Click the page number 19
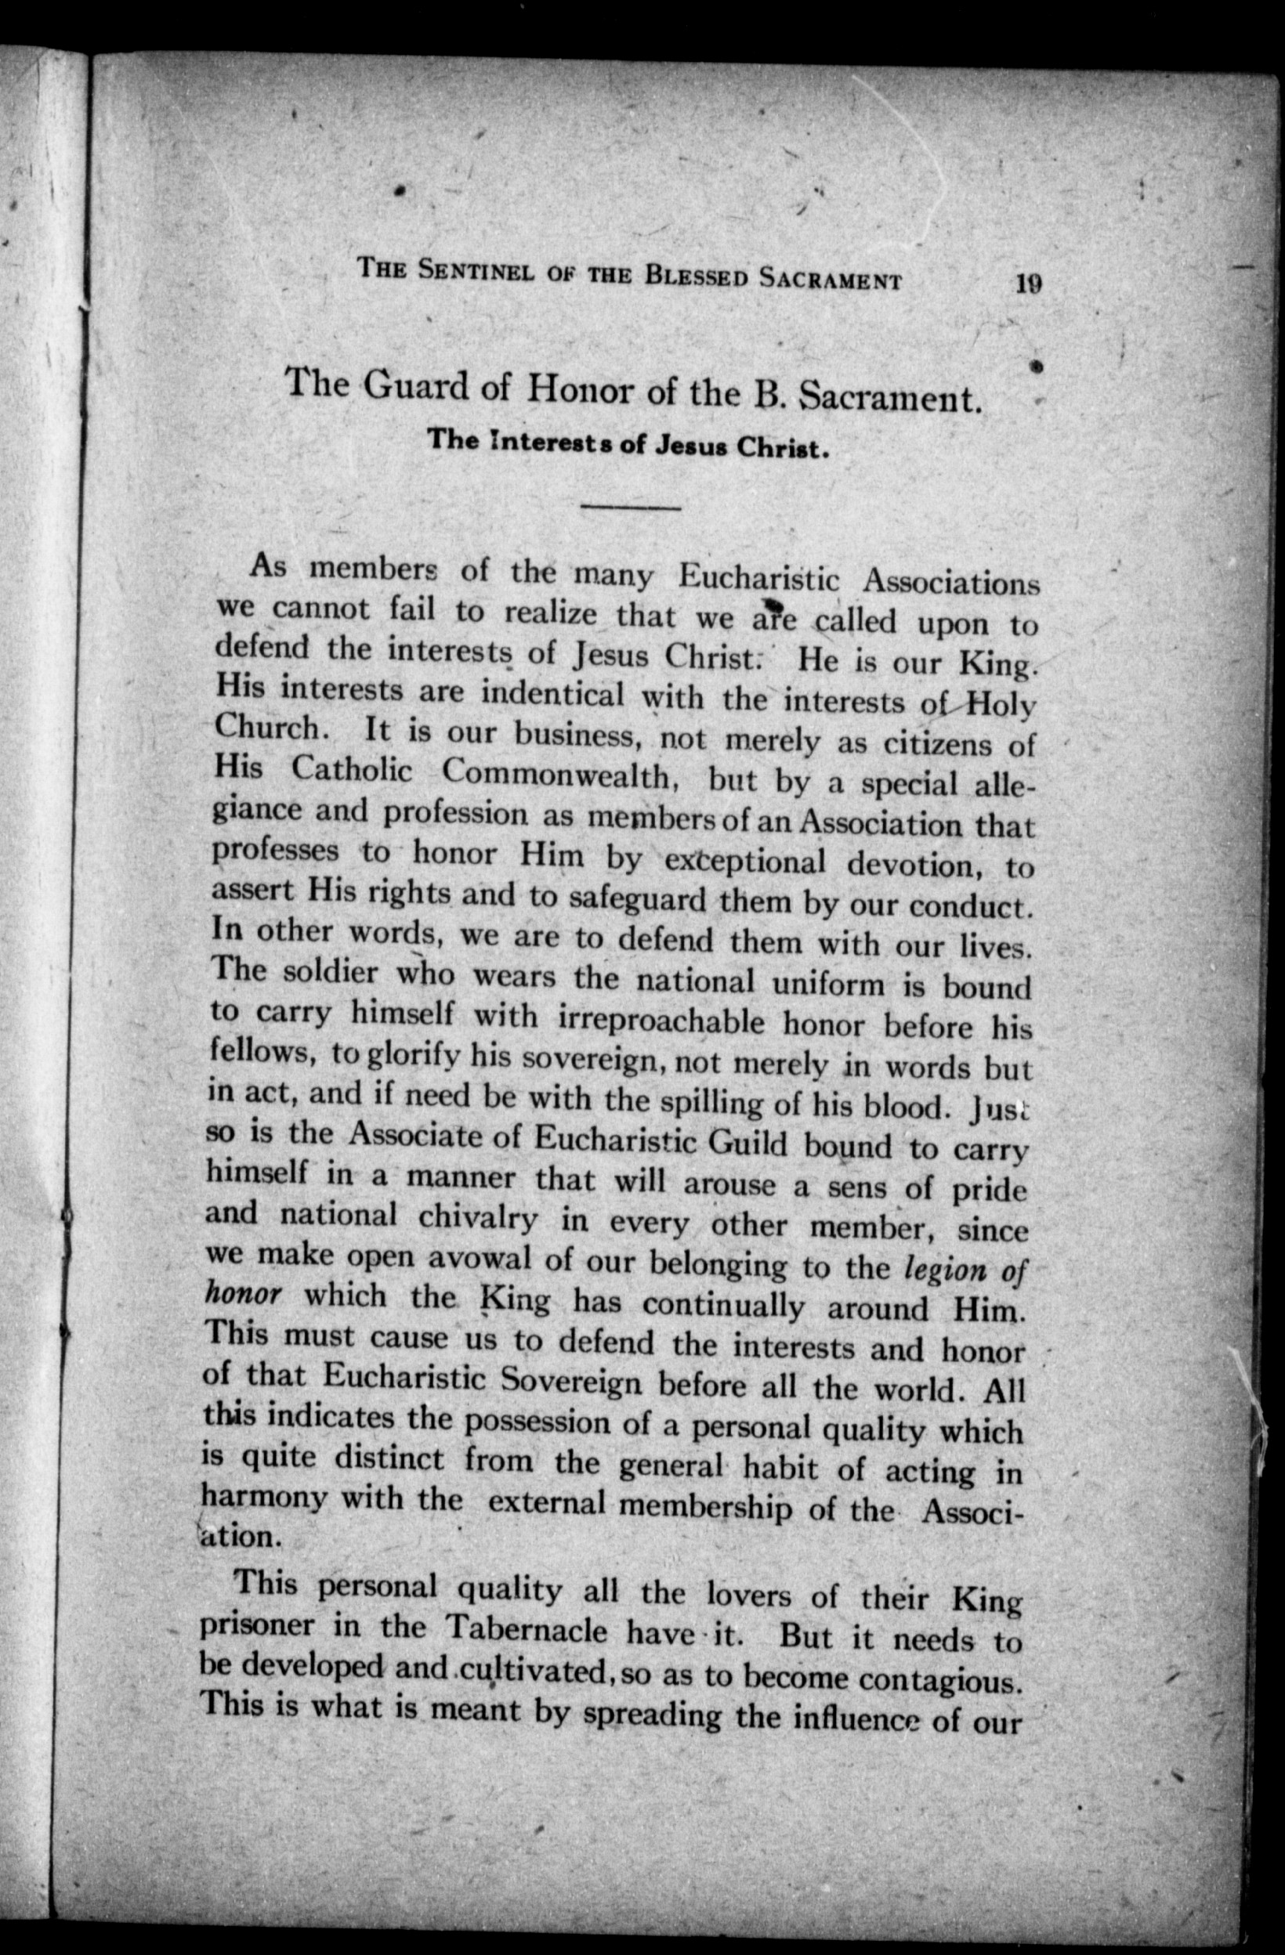pyautogui.click(x=1029, y=284)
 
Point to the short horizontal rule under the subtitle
pyautogui.click(x=630, y=508)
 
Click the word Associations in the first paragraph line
pyautogui.click(x=950, y=583)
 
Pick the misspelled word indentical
pyautogui.click(x=552, y=694)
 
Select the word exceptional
pyautogui.click(x=744, y=860)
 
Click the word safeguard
pyautogui.click(x=637, y=897)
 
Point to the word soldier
pyautogui.click(x=331, y=973)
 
